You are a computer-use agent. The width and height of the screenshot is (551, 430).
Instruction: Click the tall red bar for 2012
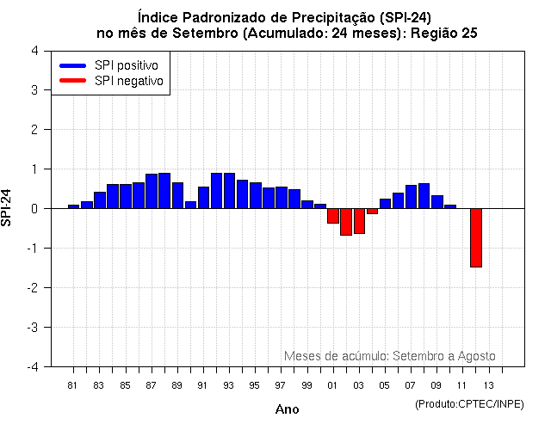pos(475,237)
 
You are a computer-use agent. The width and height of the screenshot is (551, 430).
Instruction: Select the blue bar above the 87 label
pos(152,191)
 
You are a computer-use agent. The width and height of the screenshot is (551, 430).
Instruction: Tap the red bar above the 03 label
pos(359,221)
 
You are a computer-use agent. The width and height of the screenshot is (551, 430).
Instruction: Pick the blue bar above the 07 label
pos(411,196)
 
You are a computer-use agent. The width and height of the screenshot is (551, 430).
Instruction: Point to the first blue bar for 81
pos(73,206)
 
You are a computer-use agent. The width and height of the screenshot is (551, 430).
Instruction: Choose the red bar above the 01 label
pos(332,216)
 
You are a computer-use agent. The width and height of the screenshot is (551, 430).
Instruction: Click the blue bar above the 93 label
pos(229,190)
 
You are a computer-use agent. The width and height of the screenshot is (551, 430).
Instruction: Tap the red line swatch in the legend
pos(73,81)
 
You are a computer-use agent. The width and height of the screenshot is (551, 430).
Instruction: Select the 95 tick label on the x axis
pos(255,384)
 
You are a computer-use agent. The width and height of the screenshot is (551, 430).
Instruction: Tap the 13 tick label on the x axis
pos(488,384)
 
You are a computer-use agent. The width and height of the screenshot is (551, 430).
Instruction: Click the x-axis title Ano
pos(287,409)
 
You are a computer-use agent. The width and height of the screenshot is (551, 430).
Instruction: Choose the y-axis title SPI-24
pos(8,208)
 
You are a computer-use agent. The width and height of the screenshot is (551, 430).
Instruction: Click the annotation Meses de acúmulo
pos(335,356)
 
